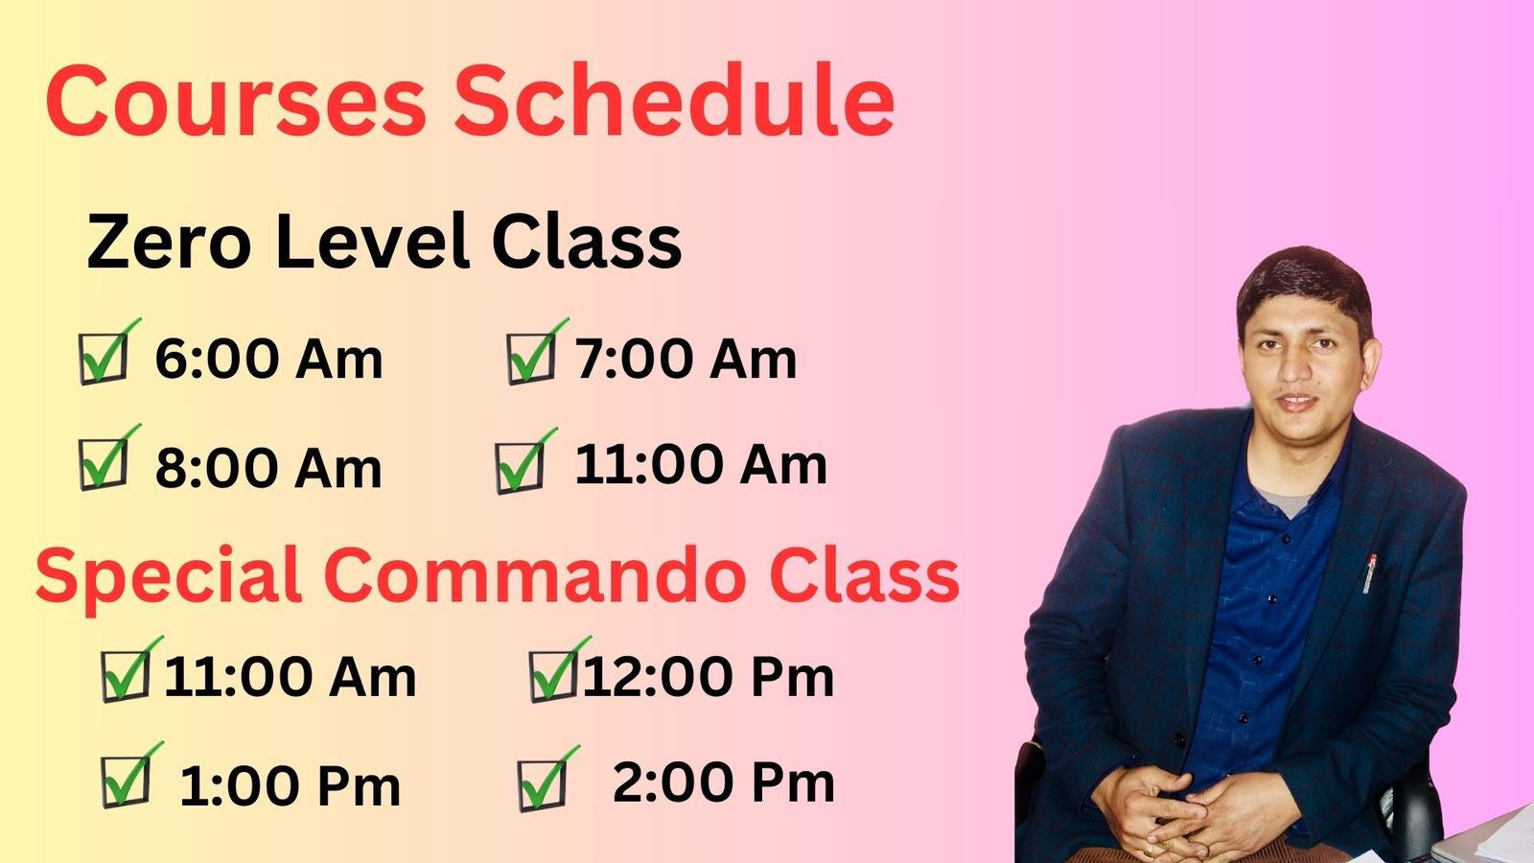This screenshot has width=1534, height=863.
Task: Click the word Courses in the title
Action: pyautogui.click(x=236, y=101)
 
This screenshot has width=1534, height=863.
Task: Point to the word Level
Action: pyautogui.click(x=373, y=241)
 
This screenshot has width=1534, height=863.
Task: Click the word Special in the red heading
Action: pyautogui.click(x=169, y=577)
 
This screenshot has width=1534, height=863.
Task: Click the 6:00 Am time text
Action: pyautogui.click(x=268, y=359)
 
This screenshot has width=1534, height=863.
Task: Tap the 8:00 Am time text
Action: pyautogui.click(x=268, y=469)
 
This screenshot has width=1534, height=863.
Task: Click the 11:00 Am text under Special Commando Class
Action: pyautogui.click(x=290, y=677)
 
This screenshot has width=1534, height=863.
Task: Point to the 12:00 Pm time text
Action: pyautogui.click(x=709, y=677)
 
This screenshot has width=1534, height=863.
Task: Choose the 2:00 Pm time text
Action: pyautogui.click(x=723, y=782)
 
